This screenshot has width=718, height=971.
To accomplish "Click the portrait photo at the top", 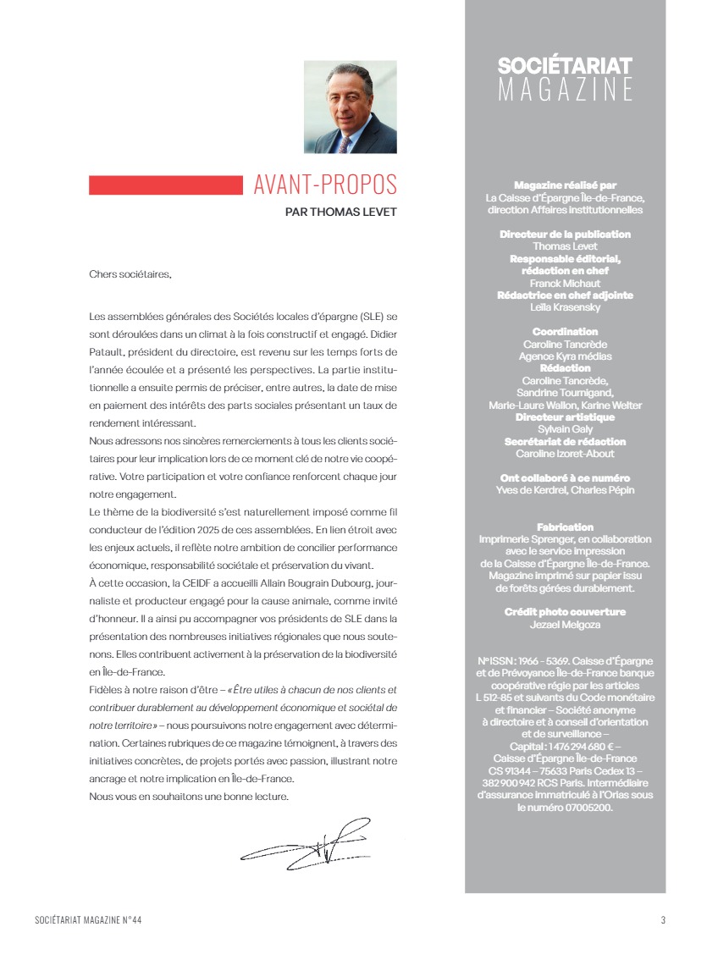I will [351, 107].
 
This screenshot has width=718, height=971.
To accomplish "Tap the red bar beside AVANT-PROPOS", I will [165, 185].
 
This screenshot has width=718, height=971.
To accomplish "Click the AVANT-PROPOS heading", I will [325, 185].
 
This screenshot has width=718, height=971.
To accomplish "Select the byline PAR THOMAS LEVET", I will [341, 212].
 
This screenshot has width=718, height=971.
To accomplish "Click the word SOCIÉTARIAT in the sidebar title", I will [565, 66].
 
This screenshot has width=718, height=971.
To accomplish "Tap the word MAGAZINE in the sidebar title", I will [565, 89].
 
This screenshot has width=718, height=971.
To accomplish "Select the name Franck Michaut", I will [565, 283].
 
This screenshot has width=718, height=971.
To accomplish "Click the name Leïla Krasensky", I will [565, 307].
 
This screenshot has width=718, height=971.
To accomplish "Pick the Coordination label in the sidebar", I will [565, 332].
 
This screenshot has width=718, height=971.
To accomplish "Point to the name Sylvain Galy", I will [565, 429].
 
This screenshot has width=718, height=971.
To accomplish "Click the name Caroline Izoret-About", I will [565, 454].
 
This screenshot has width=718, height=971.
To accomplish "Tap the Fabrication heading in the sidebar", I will [565, 527].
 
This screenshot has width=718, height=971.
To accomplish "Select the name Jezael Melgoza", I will [565, 624].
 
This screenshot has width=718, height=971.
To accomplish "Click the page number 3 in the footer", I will [663, 920].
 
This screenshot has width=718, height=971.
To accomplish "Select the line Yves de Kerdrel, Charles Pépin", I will [565, 490].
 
